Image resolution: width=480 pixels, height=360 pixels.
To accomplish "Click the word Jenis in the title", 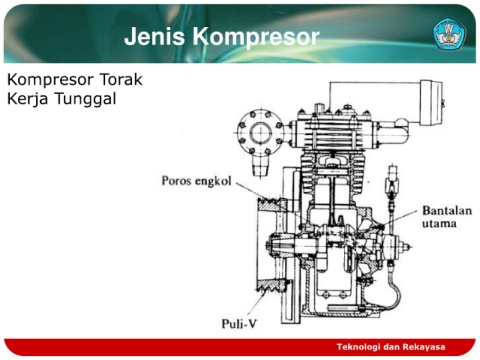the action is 154,36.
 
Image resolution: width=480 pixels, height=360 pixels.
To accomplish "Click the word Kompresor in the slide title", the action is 256,37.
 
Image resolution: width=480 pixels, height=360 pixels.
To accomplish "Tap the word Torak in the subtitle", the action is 121,79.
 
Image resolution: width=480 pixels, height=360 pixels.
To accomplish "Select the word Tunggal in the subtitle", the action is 85,99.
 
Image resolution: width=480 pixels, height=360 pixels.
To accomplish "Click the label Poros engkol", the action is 196,181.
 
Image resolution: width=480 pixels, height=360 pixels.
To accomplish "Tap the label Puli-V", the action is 239,323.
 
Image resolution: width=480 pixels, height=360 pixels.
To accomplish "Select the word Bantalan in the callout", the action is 447,211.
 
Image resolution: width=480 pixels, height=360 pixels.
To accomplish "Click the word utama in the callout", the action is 439,223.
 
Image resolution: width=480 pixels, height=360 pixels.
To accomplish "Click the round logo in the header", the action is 449,35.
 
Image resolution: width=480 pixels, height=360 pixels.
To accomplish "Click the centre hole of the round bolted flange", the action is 261,133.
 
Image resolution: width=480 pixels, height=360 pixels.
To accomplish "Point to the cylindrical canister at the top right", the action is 432,102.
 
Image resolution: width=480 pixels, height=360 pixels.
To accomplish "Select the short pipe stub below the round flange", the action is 260,166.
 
